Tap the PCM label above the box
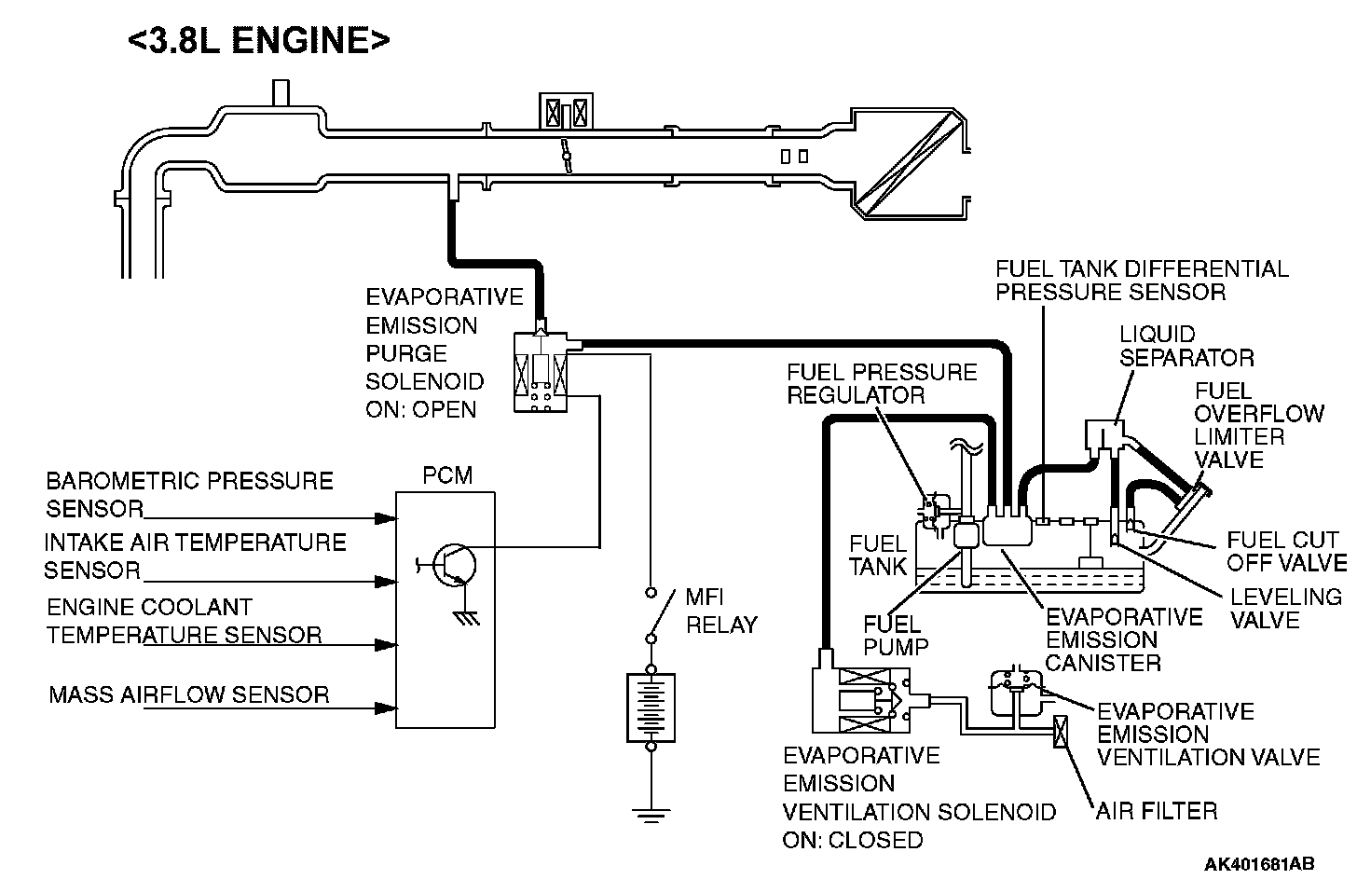(x=447, y=475)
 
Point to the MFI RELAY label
(x=720, y=611)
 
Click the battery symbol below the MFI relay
(x=651, y=708)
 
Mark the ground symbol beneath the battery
(x=651, y=813)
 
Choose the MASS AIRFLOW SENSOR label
(x=189, y=694)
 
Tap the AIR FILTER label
(x=1157, y=811)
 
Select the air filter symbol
(x=1060, y=732)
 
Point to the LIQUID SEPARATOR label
(x=1186, y=346)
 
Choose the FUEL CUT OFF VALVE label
(x=1285, y=551)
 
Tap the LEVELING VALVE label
(x=1285, y=608)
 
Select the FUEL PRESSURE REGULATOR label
(x=881, y=383)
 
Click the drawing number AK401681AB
(x=1259, y=865)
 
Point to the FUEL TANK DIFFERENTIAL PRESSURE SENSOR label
(x=1141, y=281)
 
